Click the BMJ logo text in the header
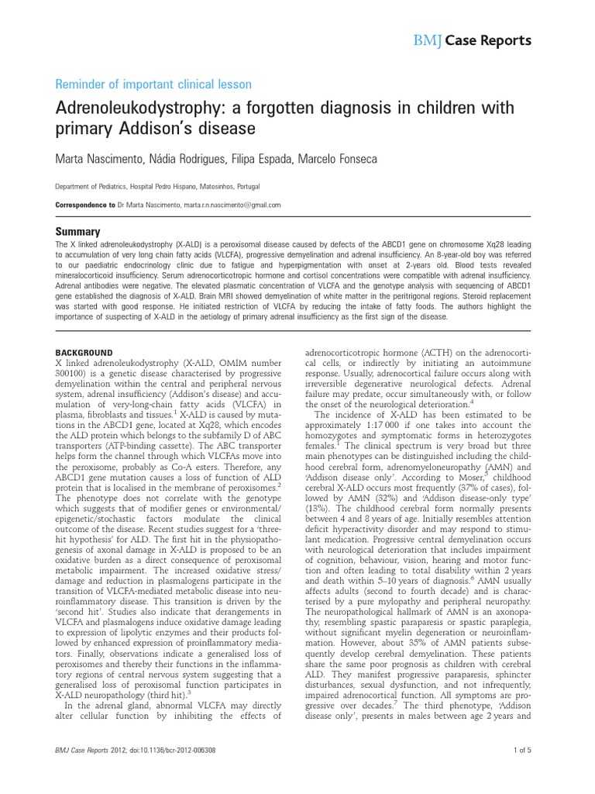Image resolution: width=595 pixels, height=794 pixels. (x=429, y=40)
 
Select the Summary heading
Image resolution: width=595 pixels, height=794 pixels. (x=77, y=231)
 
